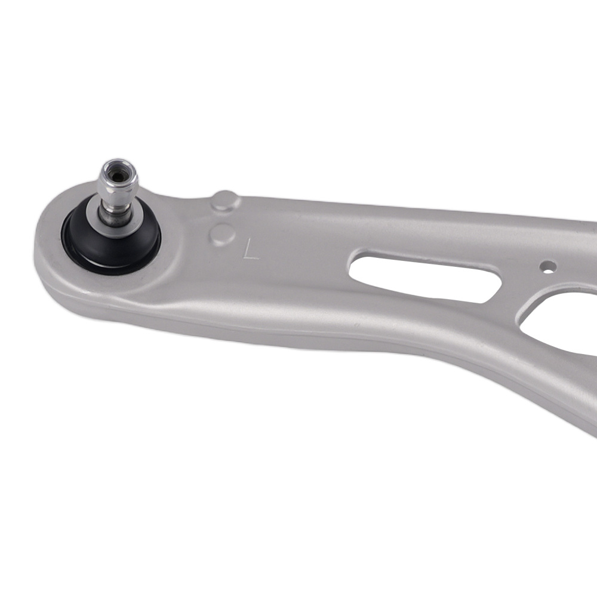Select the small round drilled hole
pyautogui.click(x=548, y=266)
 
